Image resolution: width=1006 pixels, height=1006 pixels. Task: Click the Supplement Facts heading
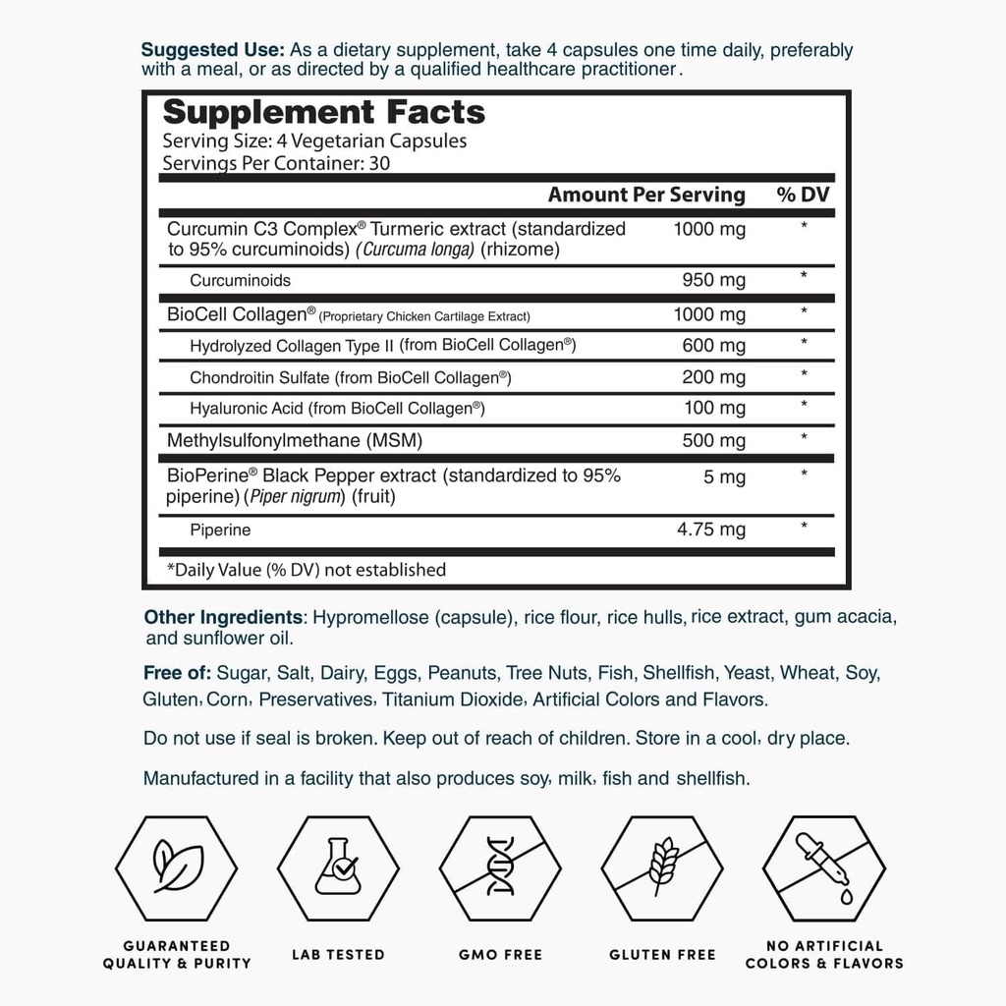coord(323,112)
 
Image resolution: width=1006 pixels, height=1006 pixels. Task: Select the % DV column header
coord(803,195)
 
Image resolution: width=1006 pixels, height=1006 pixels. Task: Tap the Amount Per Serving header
coord(646,195)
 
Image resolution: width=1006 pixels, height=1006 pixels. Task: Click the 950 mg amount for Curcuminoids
coord(714,280)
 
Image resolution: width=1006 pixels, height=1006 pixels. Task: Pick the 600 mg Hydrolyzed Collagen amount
coord(714,346)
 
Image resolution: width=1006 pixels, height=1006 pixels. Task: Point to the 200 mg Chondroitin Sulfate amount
coord(714,377)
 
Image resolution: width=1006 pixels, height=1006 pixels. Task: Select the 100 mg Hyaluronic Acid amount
coord(714,408)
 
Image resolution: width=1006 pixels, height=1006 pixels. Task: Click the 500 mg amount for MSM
coord(714,439)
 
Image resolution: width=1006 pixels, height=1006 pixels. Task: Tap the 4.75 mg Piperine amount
coord(711,530)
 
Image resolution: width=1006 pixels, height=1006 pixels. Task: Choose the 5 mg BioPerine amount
coord(725,478)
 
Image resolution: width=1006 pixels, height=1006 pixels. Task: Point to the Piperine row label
coord(220,531)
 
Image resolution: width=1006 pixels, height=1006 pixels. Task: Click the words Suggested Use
coord(213,50)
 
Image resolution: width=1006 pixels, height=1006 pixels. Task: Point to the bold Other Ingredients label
coord(223,618)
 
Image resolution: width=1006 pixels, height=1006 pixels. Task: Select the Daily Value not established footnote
coord(307,570)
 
